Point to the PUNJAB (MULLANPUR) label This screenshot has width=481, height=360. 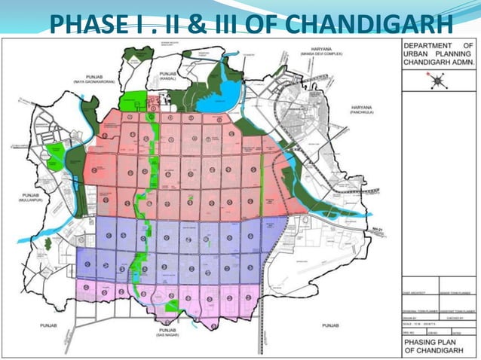20,200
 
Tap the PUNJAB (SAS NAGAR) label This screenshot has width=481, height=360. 167,333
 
